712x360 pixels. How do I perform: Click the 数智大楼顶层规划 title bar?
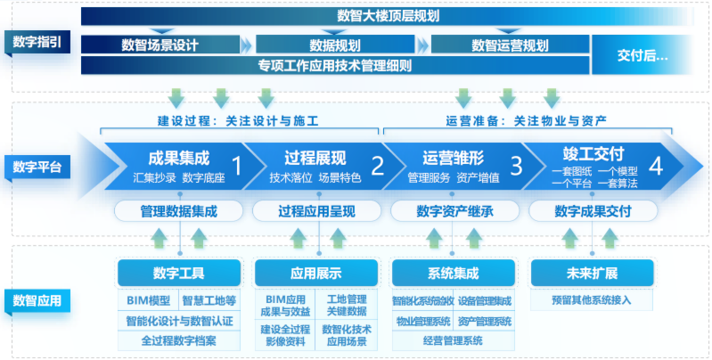389,15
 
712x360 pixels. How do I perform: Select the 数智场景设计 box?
160,45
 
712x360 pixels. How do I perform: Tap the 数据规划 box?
335,45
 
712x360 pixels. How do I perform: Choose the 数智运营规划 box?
510,45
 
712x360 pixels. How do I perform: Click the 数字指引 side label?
37,41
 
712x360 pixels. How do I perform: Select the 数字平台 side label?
37,167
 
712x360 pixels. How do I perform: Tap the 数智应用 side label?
37,300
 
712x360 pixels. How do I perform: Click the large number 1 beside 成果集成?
237,165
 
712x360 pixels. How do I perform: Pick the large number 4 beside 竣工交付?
656,165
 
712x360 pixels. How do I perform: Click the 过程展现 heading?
315,159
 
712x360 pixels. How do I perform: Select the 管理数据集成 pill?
178,211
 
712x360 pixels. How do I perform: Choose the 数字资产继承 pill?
454,211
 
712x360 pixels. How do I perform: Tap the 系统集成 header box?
454,273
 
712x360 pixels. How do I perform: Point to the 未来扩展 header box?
592,273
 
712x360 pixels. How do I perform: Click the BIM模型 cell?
148,300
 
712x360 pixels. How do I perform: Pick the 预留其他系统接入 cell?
592,300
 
